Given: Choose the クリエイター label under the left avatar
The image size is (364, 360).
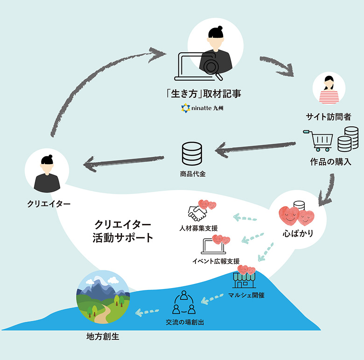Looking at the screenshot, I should tap(48, 204).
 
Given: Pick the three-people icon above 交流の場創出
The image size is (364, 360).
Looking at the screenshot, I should tap(184, 303).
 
